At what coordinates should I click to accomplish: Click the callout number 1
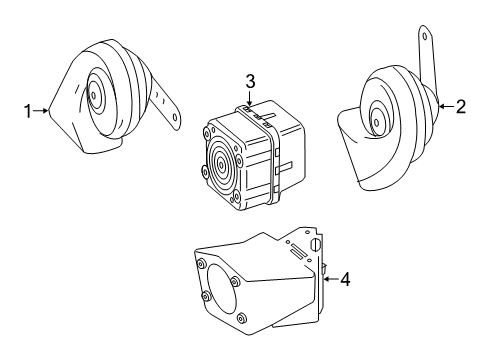pyautogui.click(x=28, y=111)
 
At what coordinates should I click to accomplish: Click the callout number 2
pyautogui.click(x=460, y=107)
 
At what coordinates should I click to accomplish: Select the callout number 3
pyautogui.click(x=250, y=82)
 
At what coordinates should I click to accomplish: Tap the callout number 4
pyautogui.click(x=345, y=279)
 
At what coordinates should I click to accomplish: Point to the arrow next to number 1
pyautogui.click(x=41, y=111)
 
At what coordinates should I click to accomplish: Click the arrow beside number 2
pyautogui.click(x=446, y=107)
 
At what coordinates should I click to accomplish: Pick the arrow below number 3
pyautogui.click(x=249, y=98)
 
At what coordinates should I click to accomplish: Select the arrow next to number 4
pyautogui.click(x=331, y=279)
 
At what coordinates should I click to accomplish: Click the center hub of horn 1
pyautogui.click(x=94, y=96)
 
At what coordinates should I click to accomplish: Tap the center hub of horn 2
pyautogui.click(x=377, y=123)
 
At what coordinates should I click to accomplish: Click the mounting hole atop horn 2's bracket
pyautogui.click(x=425, y=36)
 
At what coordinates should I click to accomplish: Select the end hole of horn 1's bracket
pyautogui.click(x=175, y=117)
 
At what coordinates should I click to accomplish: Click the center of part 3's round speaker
pyautogui.click(x=221, y=164)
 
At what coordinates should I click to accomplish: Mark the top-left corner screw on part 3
pyautogui.click(x=206, y=133)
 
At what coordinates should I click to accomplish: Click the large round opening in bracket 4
pyautogui.click(x=222, y=289)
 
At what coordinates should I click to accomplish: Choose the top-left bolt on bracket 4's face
pyautogui.click(x=201, y=265)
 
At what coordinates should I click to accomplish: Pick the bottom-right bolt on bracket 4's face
pyautogui.click(x=241, y=319)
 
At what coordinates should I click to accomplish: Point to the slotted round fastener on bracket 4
pyautogui.click(x=316, y=245)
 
